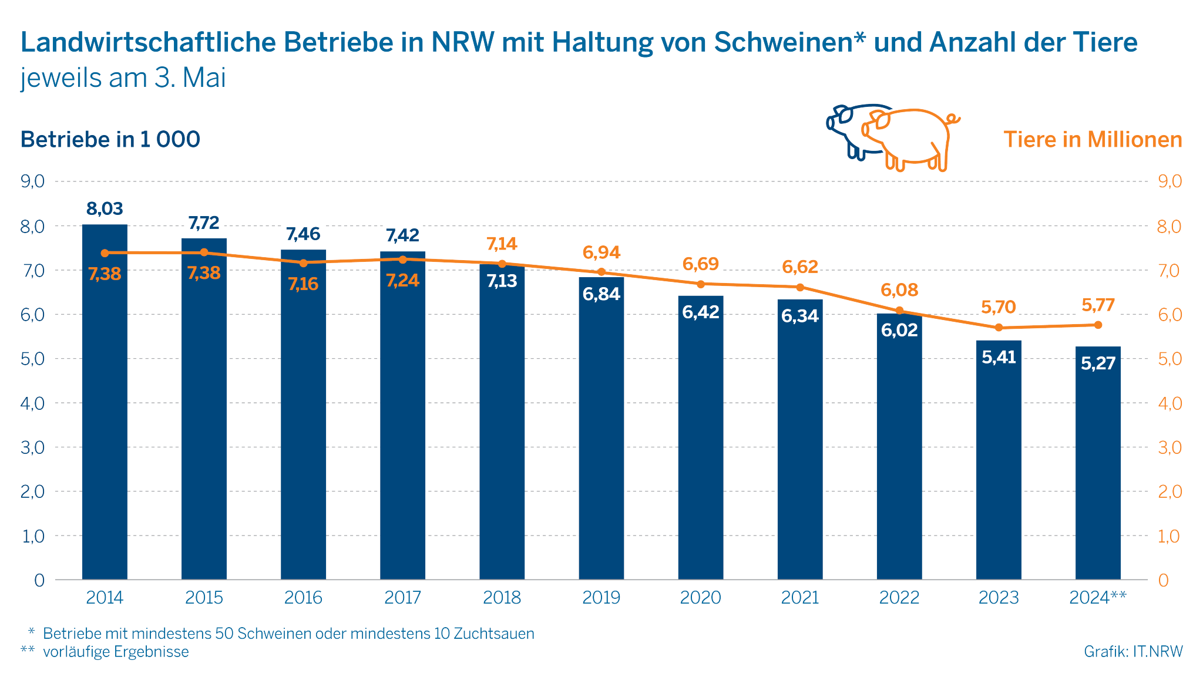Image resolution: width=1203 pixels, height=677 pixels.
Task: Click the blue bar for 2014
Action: (105, 411)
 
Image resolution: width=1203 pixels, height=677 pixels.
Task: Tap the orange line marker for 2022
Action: (899, 311)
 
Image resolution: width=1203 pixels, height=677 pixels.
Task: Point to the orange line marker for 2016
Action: (304, 263)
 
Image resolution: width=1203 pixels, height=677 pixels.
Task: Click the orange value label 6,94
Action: (601, 252)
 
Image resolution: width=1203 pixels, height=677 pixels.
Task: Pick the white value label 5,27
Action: (1098, 363)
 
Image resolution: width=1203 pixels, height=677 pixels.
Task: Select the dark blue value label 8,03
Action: (105, 208)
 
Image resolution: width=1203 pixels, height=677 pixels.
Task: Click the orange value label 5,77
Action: (1098, 305)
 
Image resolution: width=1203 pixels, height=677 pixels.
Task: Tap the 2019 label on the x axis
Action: (601, 598)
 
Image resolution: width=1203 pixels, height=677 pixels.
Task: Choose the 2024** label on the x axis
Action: (1098, 598)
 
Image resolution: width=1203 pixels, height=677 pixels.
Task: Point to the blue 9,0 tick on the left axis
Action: (33, 181)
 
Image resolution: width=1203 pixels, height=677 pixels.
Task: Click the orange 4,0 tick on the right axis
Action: (1169, 403)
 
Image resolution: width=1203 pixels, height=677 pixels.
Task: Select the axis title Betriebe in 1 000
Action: (110, 140)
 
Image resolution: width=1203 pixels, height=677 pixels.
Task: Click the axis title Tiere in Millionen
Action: (1093, 140)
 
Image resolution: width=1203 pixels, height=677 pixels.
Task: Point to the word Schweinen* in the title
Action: (789, 42)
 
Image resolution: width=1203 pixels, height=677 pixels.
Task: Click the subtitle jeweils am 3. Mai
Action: (123, 78)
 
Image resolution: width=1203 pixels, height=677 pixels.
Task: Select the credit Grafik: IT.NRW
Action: (1133, 651)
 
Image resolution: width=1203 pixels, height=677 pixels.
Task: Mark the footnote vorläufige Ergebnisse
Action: (116, 652)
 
